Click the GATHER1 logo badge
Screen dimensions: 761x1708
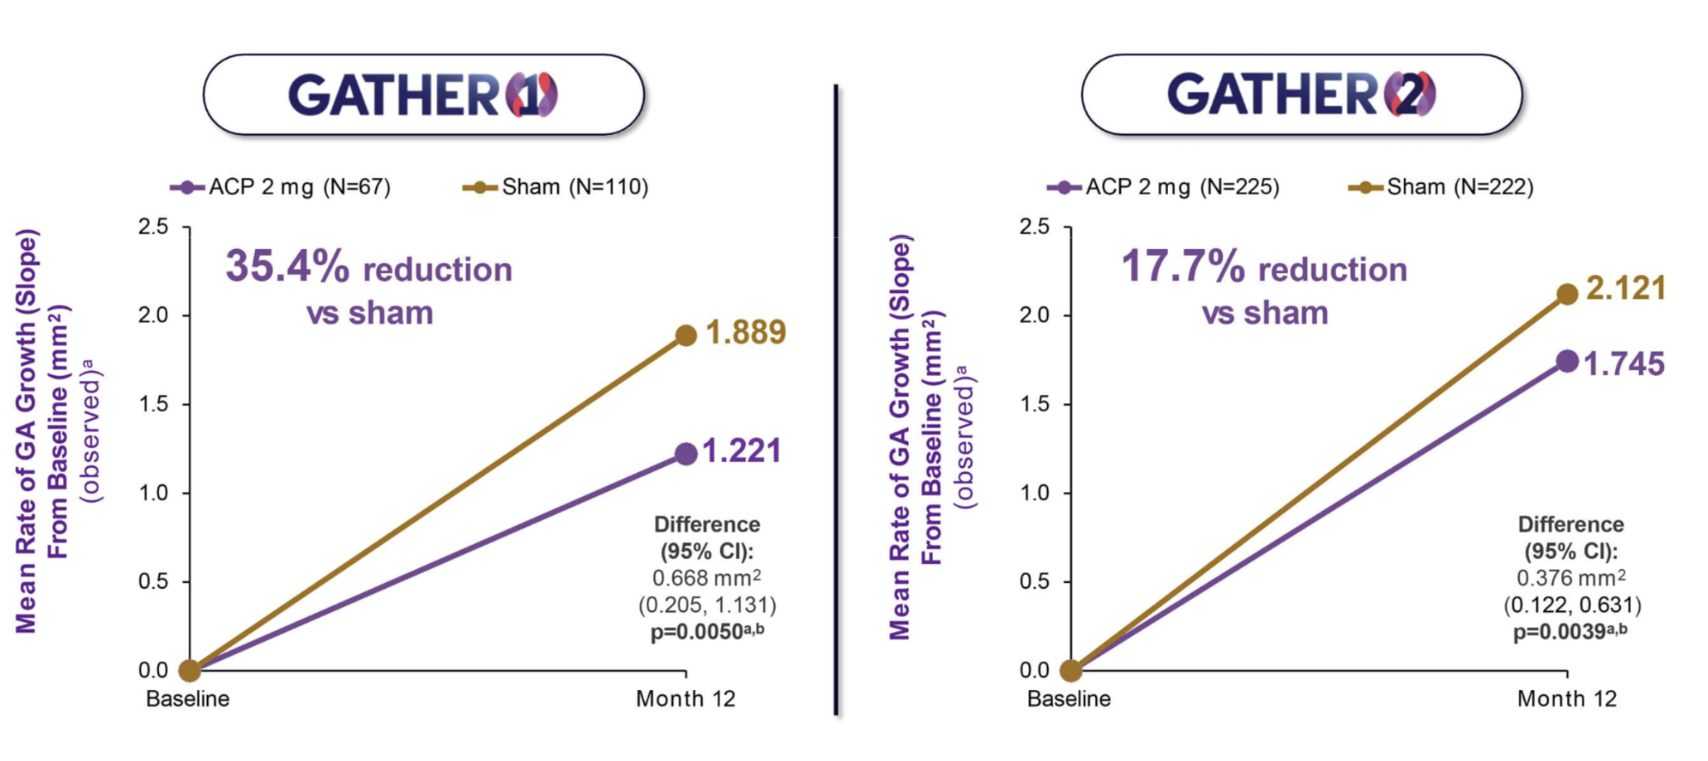click(424, 95)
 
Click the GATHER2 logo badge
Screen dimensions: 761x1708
click(1302, 95)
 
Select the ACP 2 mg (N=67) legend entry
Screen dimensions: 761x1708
click(281, 187)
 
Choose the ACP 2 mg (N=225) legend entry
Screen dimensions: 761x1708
click(1163, 187)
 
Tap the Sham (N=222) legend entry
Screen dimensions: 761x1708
click(1441, 187)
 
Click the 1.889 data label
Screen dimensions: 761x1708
click(746, 332)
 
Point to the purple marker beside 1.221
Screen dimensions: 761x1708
click(685, 454)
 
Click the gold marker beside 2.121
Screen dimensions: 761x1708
click(1567, 294)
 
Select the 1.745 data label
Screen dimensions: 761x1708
click(1624, 364)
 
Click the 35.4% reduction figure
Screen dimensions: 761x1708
click(287, 266)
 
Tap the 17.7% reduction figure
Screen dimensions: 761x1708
click(1182, 266)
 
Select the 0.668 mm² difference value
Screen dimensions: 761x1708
click(706, 578)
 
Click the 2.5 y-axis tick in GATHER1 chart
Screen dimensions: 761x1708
click(153, 227)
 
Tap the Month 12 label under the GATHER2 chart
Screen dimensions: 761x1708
click(1566, 699)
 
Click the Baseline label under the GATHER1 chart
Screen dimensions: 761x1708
click(188, 699)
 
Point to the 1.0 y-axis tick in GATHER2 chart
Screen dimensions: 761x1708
click(1034, 493)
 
